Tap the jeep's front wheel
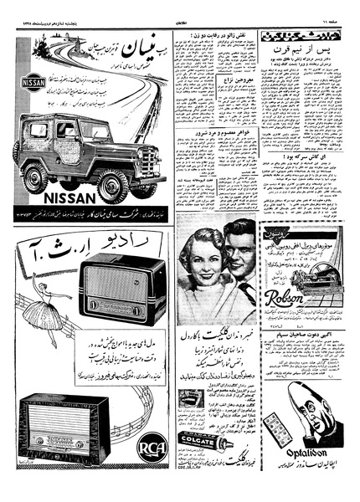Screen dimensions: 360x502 pyautogui.click(x=112, y=184)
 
